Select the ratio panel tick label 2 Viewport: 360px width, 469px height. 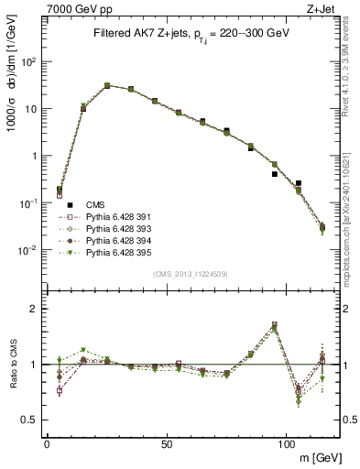point(33,309)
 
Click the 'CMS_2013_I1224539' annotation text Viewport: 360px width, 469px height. point(191,274)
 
